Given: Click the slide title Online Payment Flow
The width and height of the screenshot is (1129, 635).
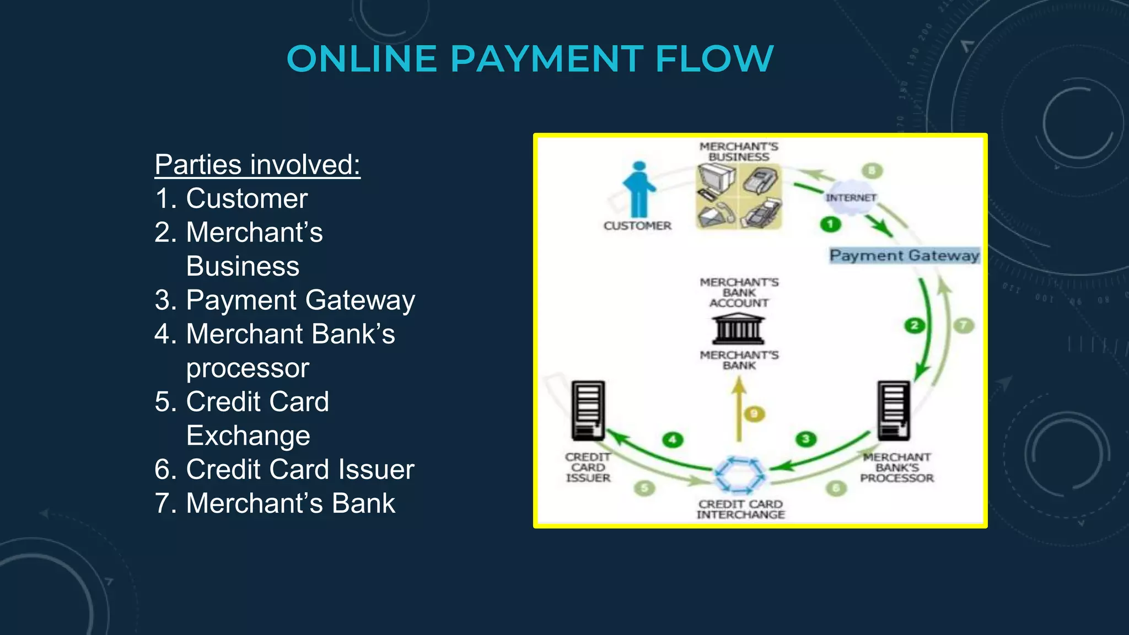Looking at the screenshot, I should pos(530,58).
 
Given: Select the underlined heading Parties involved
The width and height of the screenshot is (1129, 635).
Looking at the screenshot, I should pos(257,164).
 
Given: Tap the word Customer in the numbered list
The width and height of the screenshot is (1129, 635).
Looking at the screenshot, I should pos(246,198).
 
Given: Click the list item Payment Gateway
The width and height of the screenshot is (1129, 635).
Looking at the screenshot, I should pos(300,300).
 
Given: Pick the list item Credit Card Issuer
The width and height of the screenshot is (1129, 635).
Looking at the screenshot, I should pos(300,470).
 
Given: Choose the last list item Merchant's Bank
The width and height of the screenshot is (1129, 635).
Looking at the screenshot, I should pos(291,503).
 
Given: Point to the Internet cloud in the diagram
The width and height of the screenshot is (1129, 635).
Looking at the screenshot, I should pos(851,197).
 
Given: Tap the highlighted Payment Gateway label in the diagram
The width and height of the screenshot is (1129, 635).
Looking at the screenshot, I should pos(904,255).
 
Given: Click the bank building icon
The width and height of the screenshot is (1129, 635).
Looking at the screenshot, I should pos(739,329).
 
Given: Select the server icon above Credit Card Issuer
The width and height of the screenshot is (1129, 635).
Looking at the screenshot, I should pos(588,410).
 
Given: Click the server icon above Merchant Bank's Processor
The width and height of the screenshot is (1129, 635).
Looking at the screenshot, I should pos(894,410).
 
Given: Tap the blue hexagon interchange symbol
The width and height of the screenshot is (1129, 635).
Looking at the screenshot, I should pos(739,474).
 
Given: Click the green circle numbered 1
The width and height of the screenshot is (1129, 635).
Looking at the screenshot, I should pos(830,224).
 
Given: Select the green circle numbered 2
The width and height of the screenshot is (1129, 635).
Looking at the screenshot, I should pos(915,325).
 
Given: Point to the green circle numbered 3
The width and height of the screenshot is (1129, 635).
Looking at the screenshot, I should pos(806,439).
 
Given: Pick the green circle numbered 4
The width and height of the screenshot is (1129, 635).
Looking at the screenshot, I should pos(673,439).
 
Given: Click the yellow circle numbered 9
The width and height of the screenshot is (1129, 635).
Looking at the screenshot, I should pos(754,413).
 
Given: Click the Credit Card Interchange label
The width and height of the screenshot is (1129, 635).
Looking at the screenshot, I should pos(740,509).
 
